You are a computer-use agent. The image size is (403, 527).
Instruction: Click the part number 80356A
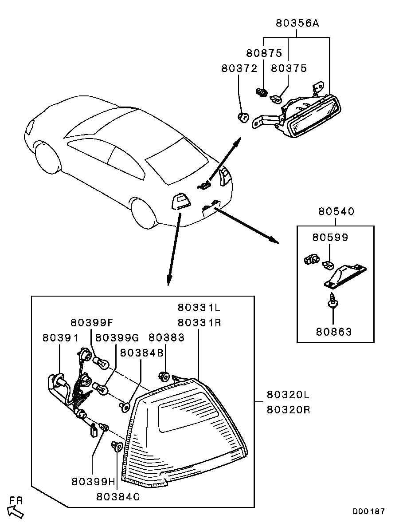pyautogui.click(x=297, y=23)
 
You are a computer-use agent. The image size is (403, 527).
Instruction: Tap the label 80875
pyautogui.click(x=264, y=53)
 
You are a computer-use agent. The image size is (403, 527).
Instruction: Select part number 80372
pyautogui.click(x=239, y=68)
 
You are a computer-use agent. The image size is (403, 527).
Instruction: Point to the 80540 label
pyautogui.click(x=336, y=212)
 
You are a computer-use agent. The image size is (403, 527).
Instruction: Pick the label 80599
pyautogui.click(x=330, y=238)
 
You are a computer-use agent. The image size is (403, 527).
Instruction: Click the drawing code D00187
pyautogui.click(x=369, y=511)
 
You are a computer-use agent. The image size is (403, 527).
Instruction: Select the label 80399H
pyautogui.click(x=93, y=482)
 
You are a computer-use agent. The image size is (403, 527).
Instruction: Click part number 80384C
pyautogui.click(x=118, y=497)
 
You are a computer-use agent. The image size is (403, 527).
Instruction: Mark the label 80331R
pyautogui.click(x=199, y=323)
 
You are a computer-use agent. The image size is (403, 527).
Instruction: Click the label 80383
pyautogui.click(x=167, y=337)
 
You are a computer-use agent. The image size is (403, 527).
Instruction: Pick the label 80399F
pyautogui.click(x=93, y=323)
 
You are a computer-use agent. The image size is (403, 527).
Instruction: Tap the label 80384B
pyautogui.click(x=141, y=353)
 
